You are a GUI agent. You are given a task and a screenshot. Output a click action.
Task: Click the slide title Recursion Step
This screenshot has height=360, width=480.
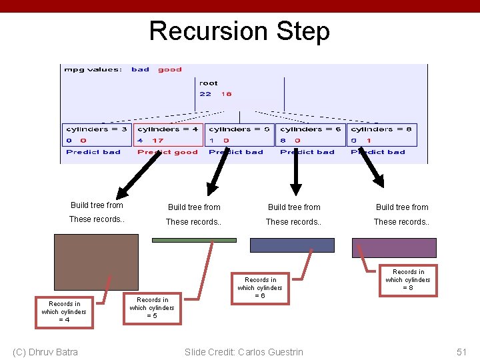[x=239, y=31]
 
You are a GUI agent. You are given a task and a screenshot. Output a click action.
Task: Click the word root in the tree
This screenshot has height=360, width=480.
[x=208, y=83]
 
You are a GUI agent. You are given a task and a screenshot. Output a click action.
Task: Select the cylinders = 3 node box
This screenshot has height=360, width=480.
[x=97, y=135]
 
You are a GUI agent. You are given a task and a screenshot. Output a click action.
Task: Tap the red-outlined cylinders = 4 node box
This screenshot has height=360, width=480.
[x=168, y=135]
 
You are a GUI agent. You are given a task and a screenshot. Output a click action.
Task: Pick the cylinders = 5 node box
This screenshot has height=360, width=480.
[x=239, y=135]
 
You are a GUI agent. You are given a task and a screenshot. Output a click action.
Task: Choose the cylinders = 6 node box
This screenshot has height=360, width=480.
[x=310, y=135]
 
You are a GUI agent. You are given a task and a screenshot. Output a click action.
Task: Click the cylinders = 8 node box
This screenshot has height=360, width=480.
[x=381, y=135]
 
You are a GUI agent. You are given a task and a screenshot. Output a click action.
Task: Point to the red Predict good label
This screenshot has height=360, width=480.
[x=168, y=152]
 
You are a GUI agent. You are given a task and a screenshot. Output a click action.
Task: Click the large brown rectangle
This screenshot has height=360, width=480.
[x=97, y=261]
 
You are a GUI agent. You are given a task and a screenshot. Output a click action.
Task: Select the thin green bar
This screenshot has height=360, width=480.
[x=194, y=240]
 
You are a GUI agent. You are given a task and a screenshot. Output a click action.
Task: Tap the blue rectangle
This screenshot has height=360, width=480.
[x=292, y=245]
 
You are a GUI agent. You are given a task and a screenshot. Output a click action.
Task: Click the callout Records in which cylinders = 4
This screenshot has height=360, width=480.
[x=64, y=312]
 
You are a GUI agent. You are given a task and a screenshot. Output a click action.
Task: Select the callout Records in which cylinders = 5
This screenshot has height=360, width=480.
[x=152, y=308]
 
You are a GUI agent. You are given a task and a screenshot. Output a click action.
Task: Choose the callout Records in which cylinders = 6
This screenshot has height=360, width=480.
[x=260, y=288]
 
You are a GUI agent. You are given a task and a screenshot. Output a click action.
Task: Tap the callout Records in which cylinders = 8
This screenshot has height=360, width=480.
[x=408, y=280]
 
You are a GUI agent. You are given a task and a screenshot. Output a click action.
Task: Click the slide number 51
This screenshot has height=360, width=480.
[x=462, y=351]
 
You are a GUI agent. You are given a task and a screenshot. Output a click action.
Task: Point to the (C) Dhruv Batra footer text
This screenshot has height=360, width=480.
[x=45, y=352]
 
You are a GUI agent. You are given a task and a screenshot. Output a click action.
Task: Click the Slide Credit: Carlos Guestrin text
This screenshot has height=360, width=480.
[x=244, y=352]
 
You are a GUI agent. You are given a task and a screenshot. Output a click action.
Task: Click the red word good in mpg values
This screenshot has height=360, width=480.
[x=170, y=69]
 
